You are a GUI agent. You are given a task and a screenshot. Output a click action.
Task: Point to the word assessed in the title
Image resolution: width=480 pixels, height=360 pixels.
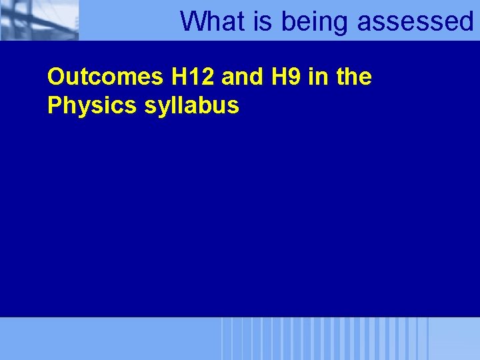pyautogui.click(x=415, y=21)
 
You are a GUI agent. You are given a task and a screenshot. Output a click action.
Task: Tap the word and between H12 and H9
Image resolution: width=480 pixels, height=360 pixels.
pyautogui.click(x=242, y=77)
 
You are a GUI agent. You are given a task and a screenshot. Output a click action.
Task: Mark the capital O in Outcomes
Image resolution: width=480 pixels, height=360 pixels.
pyautogui.click(x=55, y=77)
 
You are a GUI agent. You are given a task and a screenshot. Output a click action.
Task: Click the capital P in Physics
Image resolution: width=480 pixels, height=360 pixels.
pyautogui.click(x=53, y=105)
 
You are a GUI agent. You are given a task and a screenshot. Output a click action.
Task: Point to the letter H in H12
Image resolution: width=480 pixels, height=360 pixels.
pyautogui.click(x=178, y=77)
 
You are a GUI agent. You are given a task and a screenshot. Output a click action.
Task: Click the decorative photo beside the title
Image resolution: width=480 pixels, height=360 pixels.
pyautogui.click(x=39, y=20)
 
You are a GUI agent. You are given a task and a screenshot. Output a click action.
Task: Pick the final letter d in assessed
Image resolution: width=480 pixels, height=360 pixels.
pyautogui.click(x=465, y=21)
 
